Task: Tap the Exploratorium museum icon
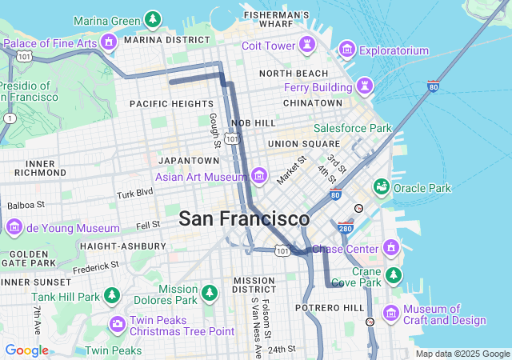tap(347, 50)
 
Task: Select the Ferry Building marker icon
tap(365, 85)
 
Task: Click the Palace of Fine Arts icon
tap(109, 42)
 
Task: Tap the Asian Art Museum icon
tap(258, 175)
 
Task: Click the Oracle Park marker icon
tap(382, 187)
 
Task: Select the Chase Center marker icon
tap(391, 246)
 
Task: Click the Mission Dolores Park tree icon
tap(210, 293)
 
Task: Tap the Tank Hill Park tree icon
tap(111, 295)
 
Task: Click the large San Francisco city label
tap(244, 218)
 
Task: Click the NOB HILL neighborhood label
tap(253, 123)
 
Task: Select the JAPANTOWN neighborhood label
tap(184, 161)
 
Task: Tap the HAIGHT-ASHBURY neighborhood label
tap(123, 246)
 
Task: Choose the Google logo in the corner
tap(27, 350)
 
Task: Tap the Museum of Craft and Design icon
tap(392, 312)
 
